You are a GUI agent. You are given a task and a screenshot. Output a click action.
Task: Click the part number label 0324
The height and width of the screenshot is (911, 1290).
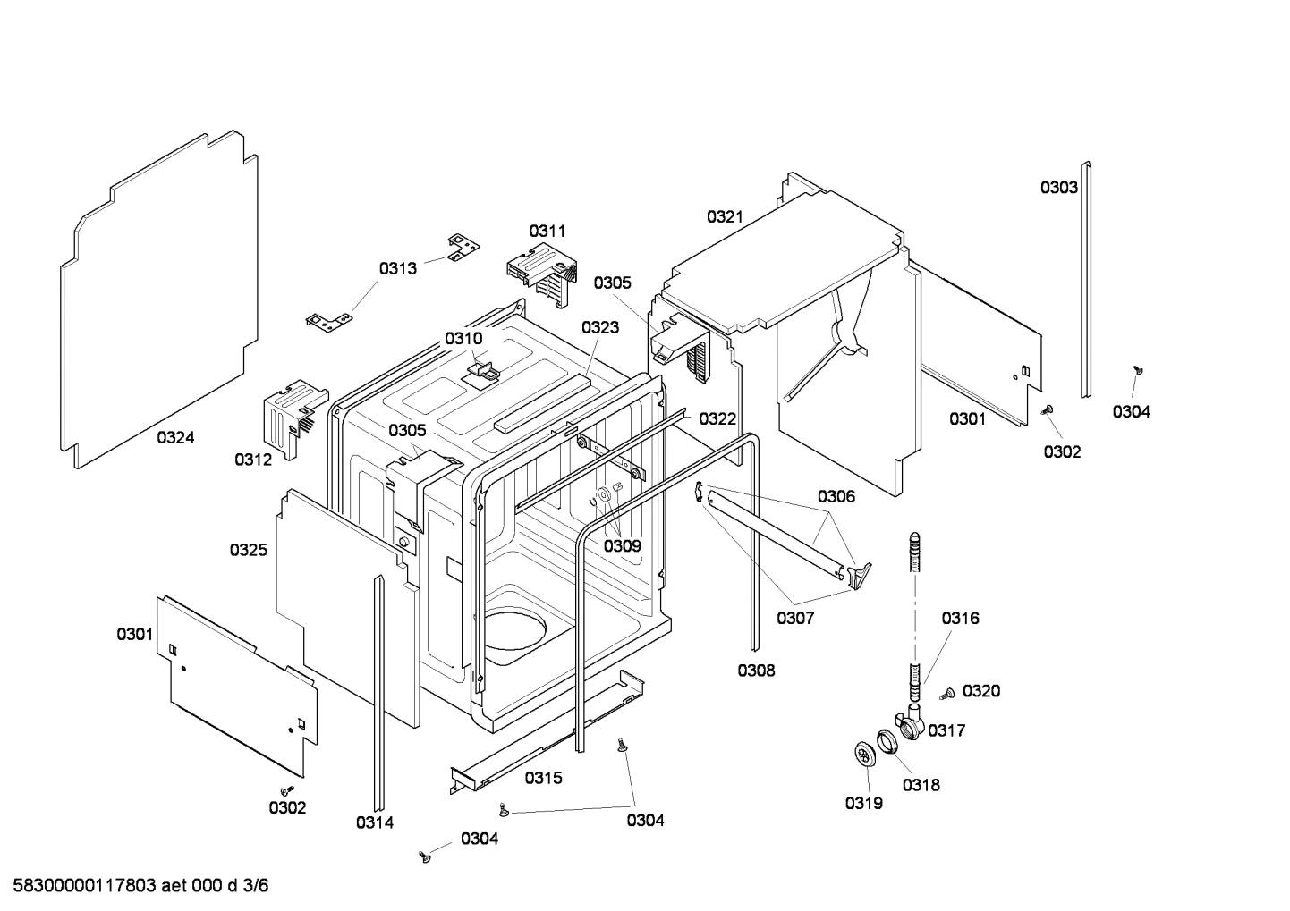[175, 437]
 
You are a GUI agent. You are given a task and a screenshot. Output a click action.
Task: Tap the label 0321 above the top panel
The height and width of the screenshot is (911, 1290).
[725, 216]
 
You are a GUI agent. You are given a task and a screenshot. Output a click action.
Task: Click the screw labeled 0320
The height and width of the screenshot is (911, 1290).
[947, 693]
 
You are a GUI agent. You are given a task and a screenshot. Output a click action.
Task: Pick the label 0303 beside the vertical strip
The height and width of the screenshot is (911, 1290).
[1058, 188]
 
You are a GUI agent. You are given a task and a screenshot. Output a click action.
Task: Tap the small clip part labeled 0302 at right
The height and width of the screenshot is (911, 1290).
[1048, 409]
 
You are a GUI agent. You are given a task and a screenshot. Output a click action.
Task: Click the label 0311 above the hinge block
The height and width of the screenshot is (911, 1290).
[547, 231]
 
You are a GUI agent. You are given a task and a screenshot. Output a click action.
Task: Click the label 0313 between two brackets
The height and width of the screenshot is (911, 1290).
[397, 268]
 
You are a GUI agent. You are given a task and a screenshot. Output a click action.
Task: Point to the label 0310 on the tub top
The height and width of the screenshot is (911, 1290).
[463, 339]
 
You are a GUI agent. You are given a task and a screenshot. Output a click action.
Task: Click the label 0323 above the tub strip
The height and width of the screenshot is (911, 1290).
[599, 328]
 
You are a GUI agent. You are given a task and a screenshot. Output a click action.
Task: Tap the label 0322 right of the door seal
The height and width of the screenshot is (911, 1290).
[717, 418]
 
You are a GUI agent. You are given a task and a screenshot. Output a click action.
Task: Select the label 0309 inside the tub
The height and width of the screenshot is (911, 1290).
[622, 545]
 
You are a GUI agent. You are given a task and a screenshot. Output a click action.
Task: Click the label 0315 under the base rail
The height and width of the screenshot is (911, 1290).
[543, 778]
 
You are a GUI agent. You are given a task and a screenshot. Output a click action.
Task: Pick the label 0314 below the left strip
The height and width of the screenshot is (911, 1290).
[374, 822]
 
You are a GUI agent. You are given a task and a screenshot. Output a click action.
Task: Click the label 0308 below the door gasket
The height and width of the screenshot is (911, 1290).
[756, 671]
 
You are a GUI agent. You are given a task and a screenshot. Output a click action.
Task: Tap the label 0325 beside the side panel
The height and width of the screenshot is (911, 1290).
[248, 550]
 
